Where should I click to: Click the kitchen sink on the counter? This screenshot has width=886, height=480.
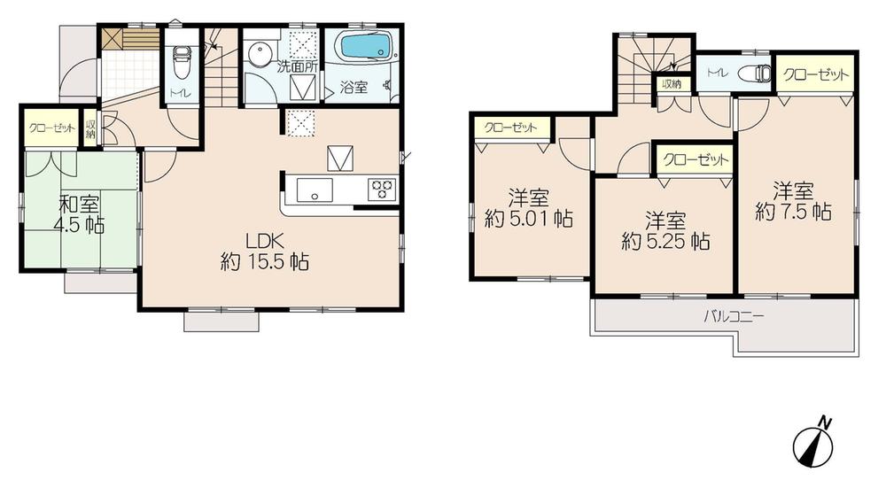(315, 190)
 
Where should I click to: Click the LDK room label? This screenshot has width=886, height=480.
(264, 240)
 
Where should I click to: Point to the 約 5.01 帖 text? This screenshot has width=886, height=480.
(528, 217)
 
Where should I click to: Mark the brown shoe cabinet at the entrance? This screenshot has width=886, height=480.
(128, 40)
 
